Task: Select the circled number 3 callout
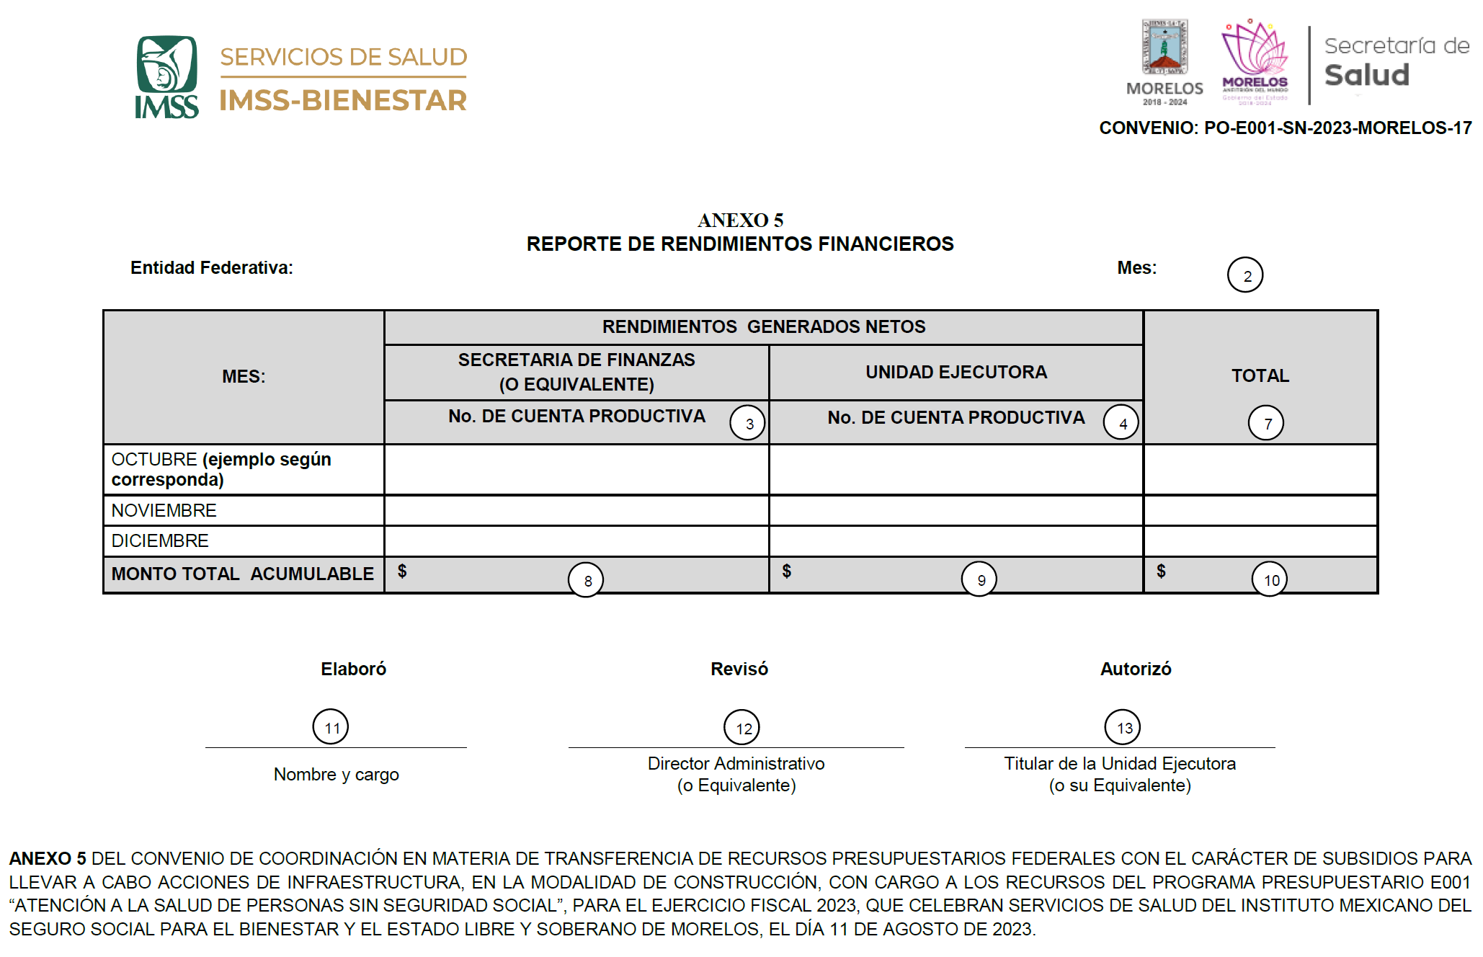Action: (747, 423)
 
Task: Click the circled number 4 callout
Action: (1121, 423)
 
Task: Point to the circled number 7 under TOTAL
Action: (1265, 423)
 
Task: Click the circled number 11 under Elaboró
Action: (330, 727)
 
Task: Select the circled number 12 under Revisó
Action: (741, 728)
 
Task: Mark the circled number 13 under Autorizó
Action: (1122, 728)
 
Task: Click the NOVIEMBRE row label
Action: (164, 510)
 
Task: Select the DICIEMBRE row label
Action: (160, 540)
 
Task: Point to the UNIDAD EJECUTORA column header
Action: (956, 372)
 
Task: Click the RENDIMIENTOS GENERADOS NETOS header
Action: (763, 326)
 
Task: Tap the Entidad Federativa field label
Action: (211, 267)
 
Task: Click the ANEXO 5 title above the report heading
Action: (740, 220)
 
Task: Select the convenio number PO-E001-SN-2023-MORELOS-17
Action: (1337, 128)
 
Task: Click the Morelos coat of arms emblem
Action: (1164, 48)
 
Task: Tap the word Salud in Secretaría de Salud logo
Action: (1366, 75)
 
